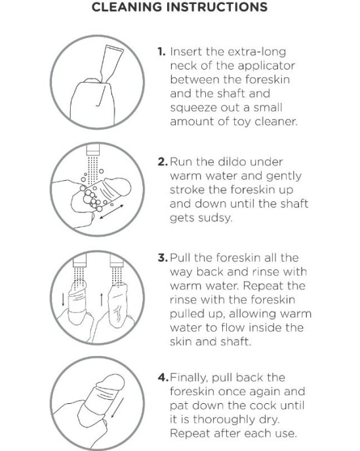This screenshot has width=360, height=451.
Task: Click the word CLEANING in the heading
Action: [127, 7]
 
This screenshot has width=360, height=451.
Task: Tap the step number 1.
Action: [161, 52]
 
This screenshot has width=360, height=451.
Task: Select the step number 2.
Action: [163, 162]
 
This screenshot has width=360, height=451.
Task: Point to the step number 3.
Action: [163, 258]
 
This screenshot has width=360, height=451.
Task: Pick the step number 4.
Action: [163, 377]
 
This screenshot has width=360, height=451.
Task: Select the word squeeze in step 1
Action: [193, 108]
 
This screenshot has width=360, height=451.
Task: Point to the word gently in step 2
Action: [284, 176]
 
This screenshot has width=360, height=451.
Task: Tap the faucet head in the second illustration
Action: [93, 149]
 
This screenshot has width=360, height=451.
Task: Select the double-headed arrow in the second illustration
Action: [111, 212]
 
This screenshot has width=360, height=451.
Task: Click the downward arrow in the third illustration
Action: [63, 300]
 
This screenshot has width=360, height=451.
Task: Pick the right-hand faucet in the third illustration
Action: [117, 260]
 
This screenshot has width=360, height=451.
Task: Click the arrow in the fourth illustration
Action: [117, 408]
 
